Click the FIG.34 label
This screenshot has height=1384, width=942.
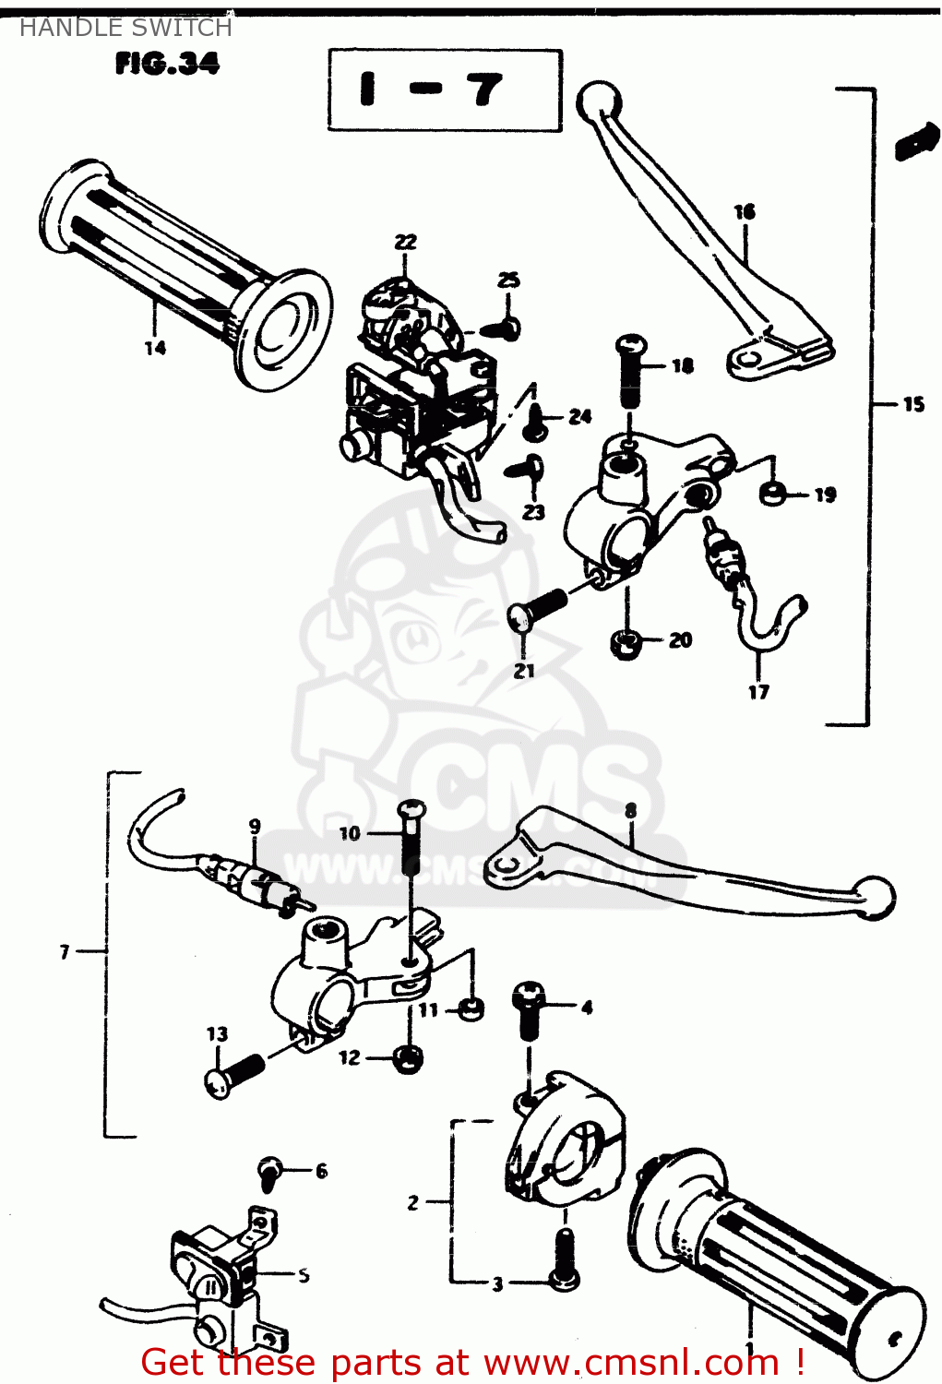pyautogui.click(x=167, y=64)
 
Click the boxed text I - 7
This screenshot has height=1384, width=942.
pyautogui.click(x=445, y=90)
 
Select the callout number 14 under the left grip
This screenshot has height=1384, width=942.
pyautogui.click(x=155, y=348)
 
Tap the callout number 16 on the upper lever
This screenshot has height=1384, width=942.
pyautogui.click(x=745, y=211)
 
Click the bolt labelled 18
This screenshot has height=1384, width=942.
pyautogui.click(x=631, y=368)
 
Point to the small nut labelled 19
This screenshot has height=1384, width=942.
pyautogui.click(x=773, y=494)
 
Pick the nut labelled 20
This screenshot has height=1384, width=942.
pyautogui.click(x=627, y=643)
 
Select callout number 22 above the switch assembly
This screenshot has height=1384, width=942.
pyautogui.click(x=406, y=242)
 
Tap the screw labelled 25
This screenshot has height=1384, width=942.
pyautogui.click(x=504, y=327)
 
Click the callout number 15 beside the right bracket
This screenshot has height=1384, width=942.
pyautogui.click(x=912, y=404)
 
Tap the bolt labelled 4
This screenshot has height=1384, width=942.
pyautogui.click(x=530, y=1008)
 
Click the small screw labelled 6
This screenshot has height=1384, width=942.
pyautogui.click(x=270, y=1172)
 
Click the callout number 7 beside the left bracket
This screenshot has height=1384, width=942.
pyautogui.click(x=65, y=951)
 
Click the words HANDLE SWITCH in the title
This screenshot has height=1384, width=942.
pyautogui.click(x=125, y=28)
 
